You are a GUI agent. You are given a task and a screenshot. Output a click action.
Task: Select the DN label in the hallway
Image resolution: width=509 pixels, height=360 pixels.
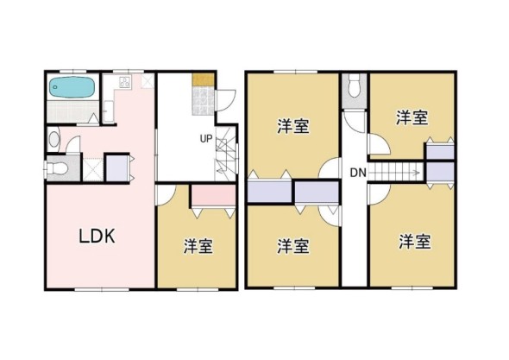(359, 174)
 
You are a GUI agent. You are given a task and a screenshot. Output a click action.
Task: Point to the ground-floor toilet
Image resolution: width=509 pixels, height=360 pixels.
(55, 167)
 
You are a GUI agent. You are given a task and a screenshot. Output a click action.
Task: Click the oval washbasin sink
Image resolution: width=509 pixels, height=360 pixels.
(53, 138)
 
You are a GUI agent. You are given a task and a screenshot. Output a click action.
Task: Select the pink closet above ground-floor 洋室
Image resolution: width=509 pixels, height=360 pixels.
(211, 195)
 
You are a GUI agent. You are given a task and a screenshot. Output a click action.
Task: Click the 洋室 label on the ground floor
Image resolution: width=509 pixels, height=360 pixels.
(198, 245)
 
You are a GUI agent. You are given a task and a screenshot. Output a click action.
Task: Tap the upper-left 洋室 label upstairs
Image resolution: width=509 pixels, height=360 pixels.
(293, 126)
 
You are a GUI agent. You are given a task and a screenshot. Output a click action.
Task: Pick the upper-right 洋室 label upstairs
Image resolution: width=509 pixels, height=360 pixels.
(412, 117)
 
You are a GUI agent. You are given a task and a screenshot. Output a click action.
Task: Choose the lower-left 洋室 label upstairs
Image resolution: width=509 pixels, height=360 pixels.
(293, 246)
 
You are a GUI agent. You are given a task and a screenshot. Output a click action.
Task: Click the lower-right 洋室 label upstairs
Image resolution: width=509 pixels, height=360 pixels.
(414, 241)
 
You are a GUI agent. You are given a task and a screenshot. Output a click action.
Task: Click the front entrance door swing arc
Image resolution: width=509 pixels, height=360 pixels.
(223, 100)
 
